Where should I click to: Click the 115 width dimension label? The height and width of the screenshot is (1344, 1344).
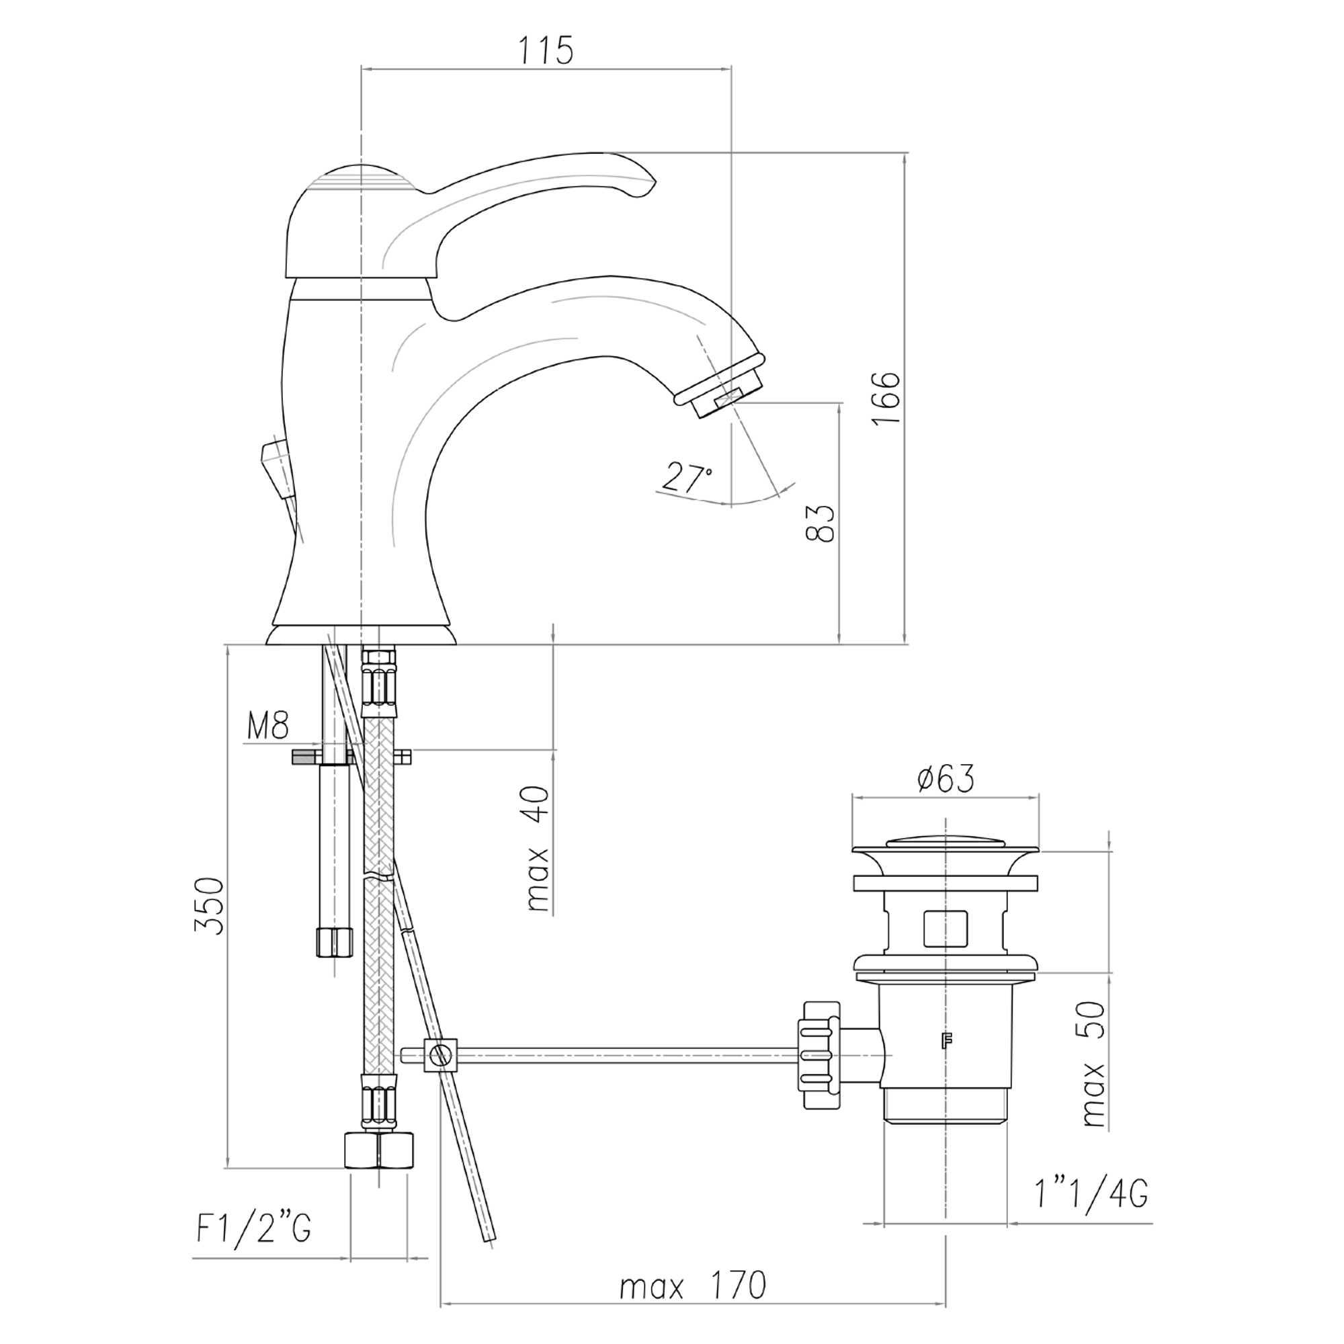point(546,50)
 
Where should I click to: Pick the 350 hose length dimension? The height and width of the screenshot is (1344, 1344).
point(210,906)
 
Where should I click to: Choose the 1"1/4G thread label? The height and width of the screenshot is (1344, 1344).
point(1090,1195)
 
